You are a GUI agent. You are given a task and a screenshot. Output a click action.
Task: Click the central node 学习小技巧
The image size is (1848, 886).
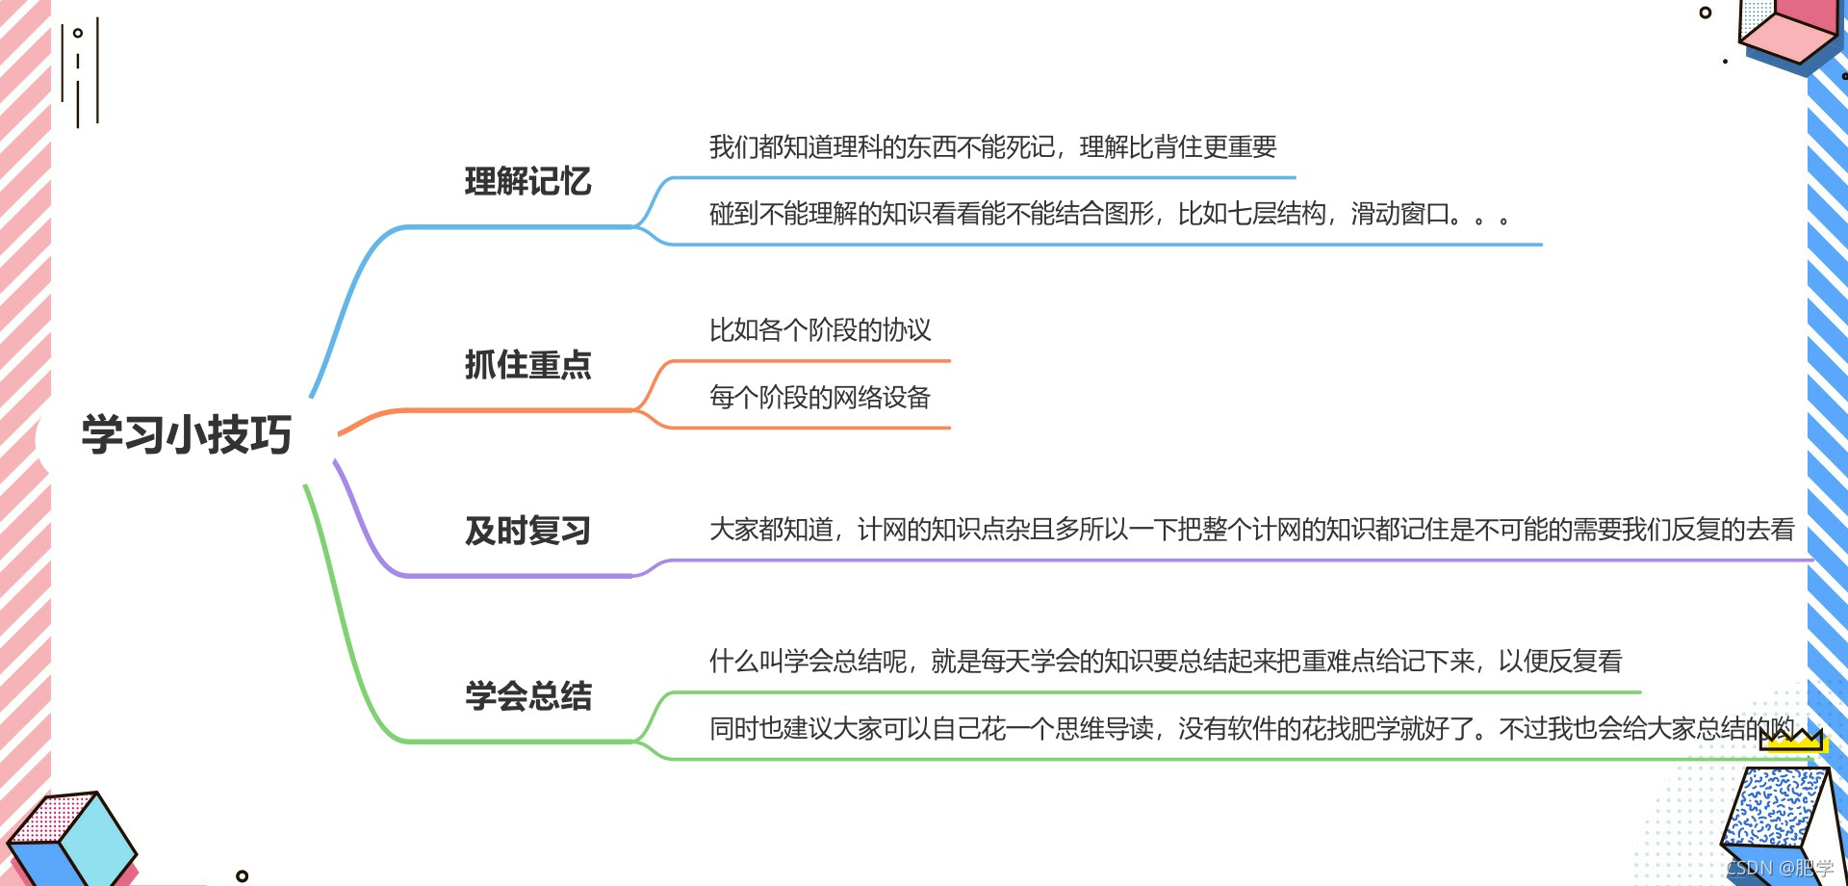tap(186, 434)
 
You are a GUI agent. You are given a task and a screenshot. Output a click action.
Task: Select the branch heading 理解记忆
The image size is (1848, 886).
tap(527, 181)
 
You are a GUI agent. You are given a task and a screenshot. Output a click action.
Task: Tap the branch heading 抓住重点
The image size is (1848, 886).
tap(527, 365)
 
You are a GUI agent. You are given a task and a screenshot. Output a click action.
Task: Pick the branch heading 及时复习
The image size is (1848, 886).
tap(527, 531)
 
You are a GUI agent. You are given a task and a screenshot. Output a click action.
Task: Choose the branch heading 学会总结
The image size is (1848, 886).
tap(527, 695)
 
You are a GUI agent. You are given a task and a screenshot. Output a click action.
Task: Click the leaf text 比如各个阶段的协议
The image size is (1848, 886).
tap(820, 330)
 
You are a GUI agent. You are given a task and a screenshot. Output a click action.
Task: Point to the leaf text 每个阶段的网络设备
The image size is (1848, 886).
tap(820, 397)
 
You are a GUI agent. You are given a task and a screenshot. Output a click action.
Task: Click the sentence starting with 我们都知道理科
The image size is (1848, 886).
tap(992, 147)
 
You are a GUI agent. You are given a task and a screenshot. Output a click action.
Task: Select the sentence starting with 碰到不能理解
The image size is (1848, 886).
tap(1108, 214)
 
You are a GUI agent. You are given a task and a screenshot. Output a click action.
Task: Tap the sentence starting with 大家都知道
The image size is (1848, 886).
tap(1251, 530)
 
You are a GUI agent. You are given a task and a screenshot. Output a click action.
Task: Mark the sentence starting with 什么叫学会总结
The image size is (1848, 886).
tap(1165, 662)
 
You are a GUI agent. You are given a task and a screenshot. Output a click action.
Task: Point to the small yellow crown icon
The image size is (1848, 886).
tap(1792, 740)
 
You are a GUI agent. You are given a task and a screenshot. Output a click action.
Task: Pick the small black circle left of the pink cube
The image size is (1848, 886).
tap(1706, 13)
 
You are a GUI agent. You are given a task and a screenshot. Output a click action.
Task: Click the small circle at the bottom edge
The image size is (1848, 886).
tap(243, 875)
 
